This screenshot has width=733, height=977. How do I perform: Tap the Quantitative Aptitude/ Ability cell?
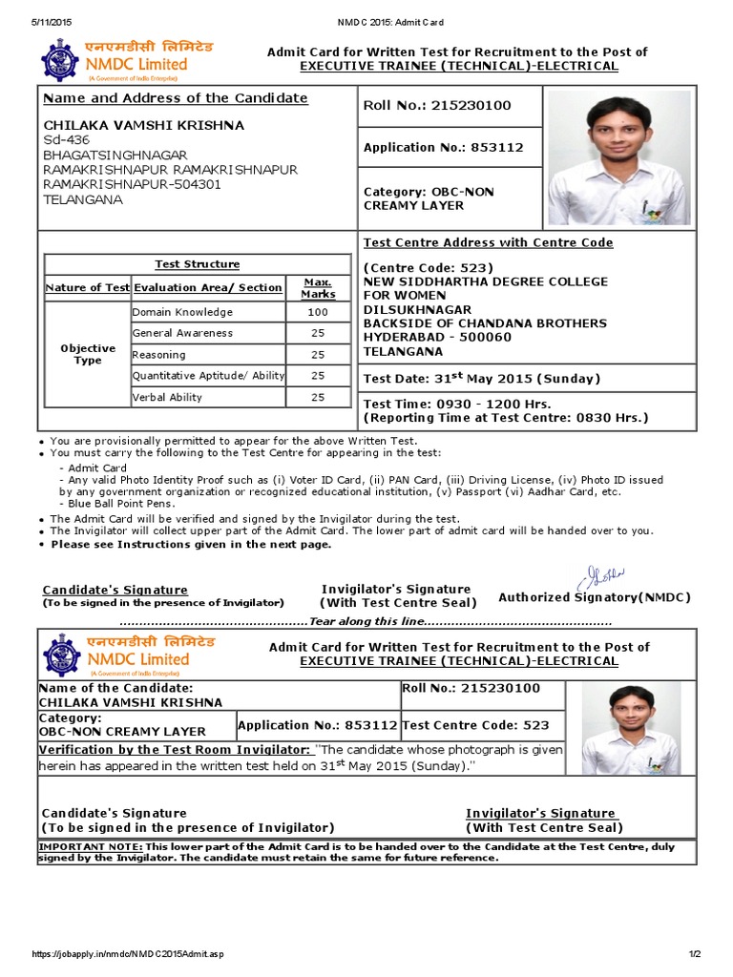coord(208,376)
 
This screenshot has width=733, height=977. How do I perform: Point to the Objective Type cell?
coord(88,354)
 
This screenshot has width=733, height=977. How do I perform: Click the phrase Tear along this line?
coord(363,621)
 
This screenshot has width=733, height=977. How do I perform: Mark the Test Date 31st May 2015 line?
coord(482,378)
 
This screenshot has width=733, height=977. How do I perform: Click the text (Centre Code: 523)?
coord(429,268)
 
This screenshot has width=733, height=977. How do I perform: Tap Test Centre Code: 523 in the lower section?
coord(476,725)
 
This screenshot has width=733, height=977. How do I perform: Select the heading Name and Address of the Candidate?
coord(177,98)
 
